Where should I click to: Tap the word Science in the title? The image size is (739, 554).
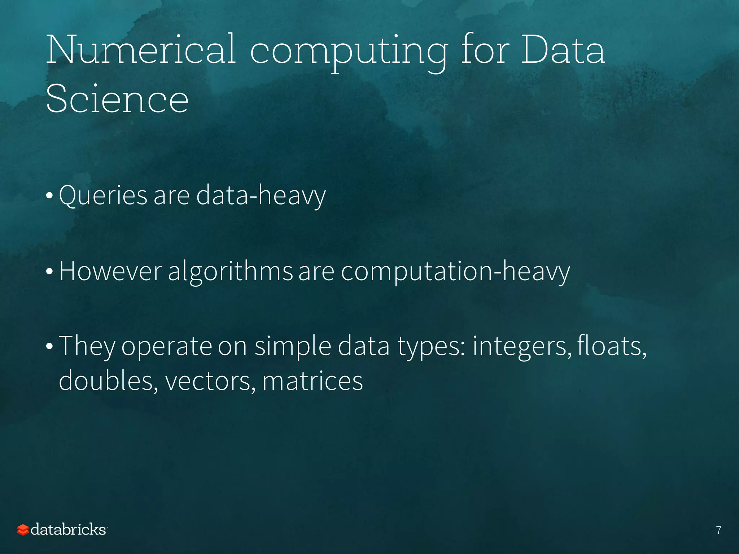(117, 98)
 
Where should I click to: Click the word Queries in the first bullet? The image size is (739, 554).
(103, 196)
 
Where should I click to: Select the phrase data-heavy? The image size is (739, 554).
(261, 196)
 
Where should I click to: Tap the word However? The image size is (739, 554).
(110, 271)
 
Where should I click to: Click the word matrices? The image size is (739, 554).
(312, 381)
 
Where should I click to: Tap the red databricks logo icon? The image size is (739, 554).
(23, 530)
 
